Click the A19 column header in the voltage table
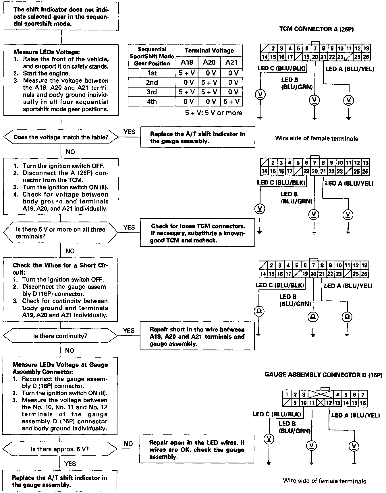point(187,62)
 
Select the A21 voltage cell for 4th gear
point(231,101)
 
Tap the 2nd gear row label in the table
point(152,82)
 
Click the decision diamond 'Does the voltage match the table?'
point(61,137)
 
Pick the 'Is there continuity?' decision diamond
point(60,336)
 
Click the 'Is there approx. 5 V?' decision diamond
point(60,449)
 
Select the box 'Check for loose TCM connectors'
point(198,233)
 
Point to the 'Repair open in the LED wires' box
point(197,449)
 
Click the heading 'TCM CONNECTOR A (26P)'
point(316,29)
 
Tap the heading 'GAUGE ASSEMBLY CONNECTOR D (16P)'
point(324,375)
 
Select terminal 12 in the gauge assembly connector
point(329,403)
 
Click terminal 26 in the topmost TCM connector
point(366,57)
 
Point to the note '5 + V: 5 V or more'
point(214,113)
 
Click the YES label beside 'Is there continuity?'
point(129,331)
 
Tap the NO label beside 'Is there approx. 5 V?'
point(128,444)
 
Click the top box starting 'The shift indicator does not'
point(61,17)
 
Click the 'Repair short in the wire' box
point(197,336)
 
